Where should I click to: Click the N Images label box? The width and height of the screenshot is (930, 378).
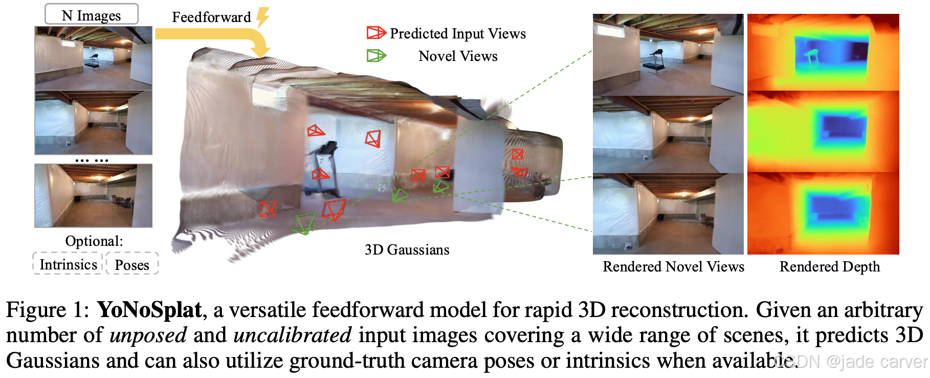click(92, 14)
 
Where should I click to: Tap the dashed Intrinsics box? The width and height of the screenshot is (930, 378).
click(68, 264)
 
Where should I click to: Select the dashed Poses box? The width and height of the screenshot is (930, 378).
click(132, 264)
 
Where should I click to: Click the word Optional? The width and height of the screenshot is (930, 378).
click(94, 241)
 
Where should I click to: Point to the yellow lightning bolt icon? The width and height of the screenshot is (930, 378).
click(263, 17)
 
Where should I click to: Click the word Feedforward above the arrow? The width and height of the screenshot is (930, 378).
click(211, 17)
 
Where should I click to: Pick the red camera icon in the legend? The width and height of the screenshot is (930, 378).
click(376, 33)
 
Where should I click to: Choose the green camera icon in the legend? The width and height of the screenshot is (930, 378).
click(376, 55)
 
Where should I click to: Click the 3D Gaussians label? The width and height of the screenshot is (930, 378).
click(407, 250)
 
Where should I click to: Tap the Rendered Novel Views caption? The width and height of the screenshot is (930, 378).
click(673, 267)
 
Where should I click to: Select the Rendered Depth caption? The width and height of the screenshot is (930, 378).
click(829, 267)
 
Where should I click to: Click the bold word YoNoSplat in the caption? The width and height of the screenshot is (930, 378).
click(149, 310)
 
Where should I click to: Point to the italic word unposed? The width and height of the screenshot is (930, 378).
click(148, 335)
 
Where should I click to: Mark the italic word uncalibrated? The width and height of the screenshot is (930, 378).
click(293, 335)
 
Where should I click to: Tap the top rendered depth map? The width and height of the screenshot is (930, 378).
click(823, 53)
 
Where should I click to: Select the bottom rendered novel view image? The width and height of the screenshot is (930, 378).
click(668, 214)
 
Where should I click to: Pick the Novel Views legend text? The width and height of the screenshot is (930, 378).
click(458, 56)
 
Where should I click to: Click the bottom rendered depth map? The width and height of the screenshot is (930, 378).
click(823, 214)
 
